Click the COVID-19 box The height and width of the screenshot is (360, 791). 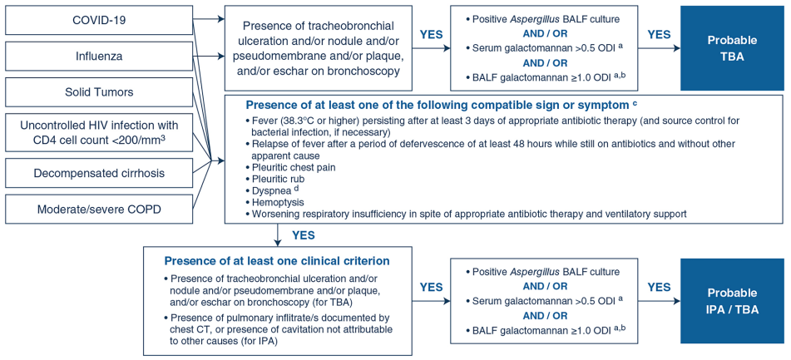tap(99, 21)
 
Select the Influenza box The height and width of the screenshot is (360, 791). tap(99, 57)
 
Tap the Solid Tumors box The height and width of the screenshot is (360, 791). tap(99, 92)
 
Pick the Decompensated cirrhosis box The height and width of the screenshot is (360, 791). tap(99, 172)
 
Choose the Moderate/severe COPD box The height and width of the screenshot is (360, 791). tap(99, 209)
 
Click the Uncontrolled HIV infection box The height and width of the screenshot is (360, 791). tap(99, 132)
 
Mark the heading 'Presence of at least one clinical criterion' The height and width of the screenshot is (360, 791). tap(276, 261)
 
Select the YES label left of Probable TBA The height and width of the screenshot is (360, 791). tap(659, 34)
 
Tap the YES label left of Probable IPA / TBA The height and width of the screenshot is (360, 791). tap(659, 287)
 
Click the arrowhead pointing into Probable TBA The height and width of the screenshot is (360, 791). tap(676, 48)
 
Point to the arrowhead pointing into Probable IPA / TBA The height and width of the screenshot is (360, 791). tap(676, 301)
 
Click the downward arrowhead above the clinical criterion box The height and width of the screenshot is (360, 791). tap(279, 242)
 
